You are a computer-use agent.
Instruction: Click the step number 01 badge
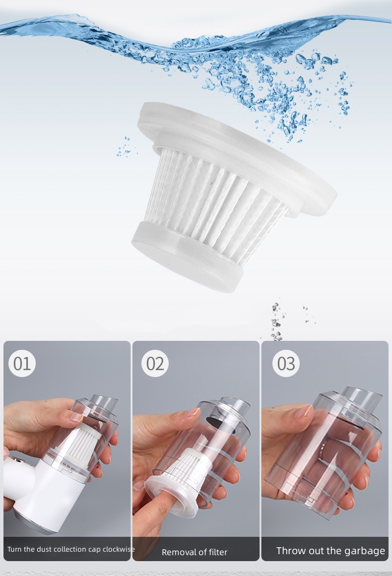[x=22, y=363]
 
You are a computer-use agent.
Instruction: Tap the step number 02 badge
[x=155, y=363]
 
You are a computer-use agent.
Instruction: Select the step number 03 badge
[x=286, y=363]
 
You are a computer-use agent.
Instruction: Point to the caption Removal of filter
[x=195, y=552]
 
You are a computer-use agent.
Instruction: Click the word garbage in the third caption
[x=364, y=551]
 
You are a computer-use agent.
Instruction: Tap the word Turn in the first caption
[x=14, y=549]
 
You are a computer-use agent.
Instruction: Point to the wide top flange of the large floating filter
[x=237, y=154]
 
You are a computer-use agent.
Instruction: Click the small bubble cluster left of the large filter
[x=125, y=147]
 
